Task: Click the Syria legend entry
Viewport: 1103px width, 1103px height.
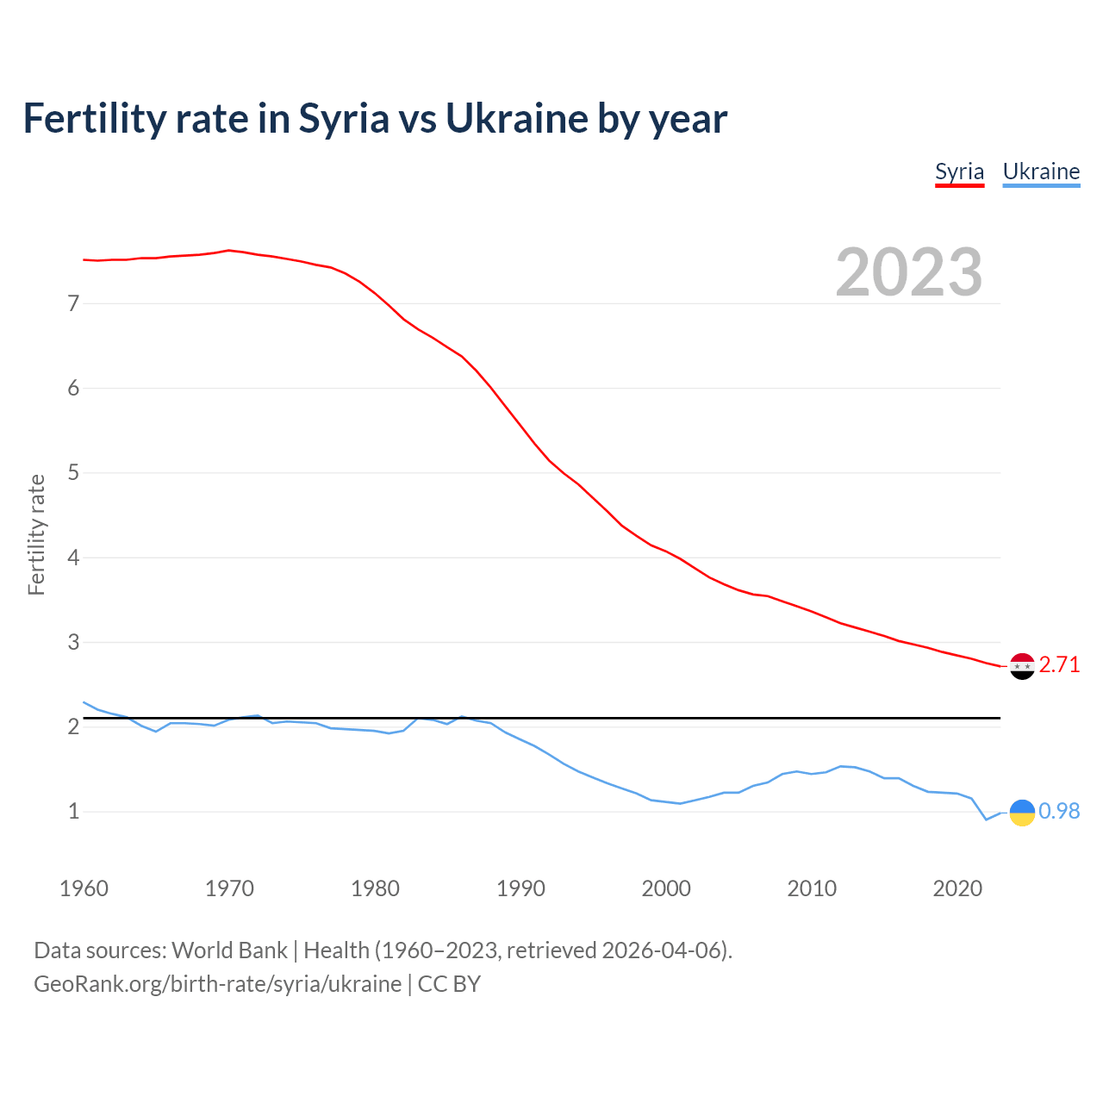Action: pos(959,171)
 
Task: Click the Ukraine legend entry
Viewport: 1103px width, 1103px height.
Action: pos(1041,171)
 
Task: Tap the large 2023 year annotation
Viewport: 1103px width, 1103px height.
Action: pos(909,272)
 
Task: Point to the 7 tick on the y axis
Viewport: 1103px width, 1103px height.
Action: pos(73,303)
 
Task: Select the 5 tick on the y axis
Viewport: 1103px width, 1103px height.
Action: pos(73,473)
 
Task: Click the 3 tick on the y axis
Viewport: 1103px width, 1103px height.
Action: pos(73,642)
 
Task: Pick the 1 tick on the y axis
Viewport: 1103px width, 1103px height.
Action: pos(73,812)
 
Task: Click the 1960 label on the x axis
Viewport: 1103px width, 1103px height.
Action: pos(84,888)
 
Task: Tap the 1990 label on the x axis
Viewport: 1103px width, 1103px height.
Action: pos(520,888)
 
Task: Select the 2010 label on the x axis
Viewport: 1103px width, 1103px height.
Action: pos(812,888)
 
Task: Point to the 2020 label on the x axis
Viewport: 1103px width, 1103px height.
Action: pos(957,888)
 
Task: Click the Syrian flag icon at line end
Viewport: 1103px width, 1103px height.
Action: pos(1022,666)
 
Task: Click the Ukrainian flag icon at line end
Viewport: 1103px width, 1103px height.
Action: pos(1022,813)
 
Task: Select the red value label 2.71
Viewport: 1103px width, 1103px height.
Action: pos(1059,665)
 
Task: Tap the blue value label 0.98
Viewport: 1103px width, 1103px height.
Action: pos(1059,812)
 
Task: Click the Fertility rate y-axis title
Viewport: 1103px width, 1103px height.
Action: pos(36,534)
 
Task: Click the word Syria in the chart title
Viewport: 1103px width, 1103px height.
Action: pos(344,119)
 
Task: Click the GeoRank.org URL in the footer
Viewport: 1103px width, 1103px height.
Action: pos(217,984)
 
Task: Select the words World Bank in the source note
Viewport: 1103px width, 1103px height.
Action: pos(229,950)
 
